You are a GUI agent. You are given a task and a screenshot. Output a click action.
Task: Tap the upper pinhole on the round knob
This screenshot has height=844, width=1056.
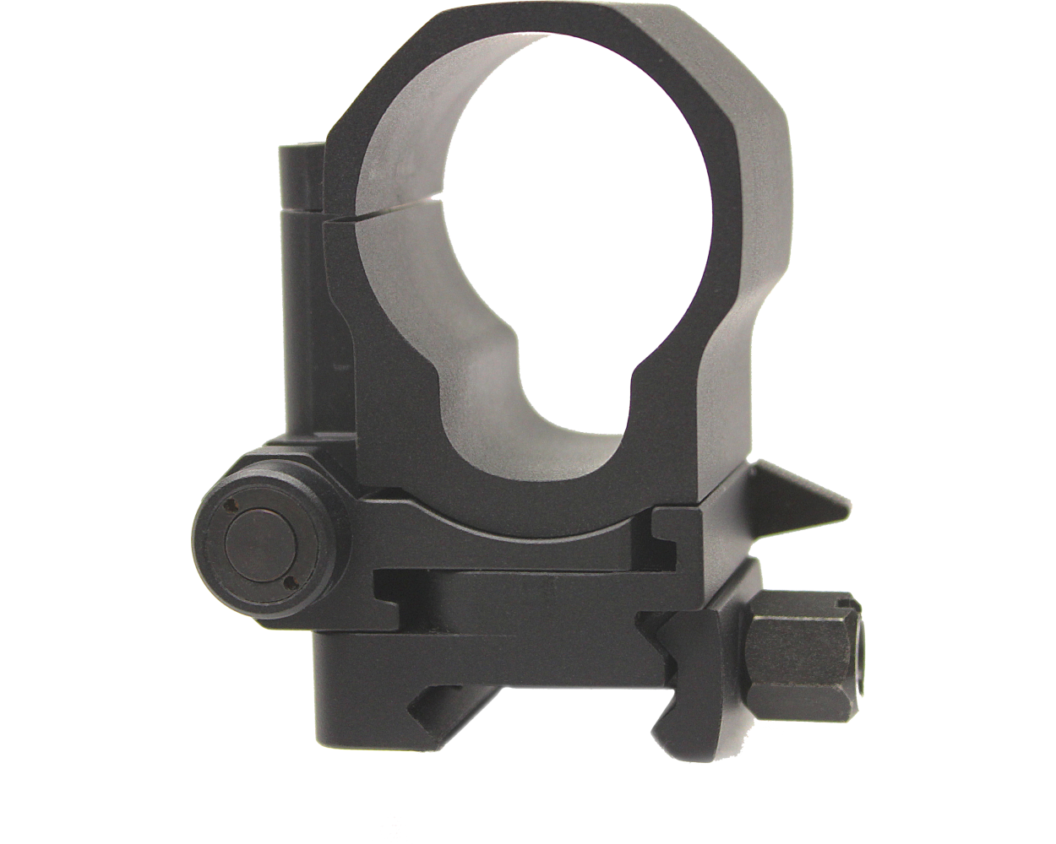click(231, 508)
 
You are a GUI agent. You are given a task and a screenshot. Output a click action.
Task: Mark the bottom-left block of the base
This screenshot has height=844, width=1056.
click(355, 675)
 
